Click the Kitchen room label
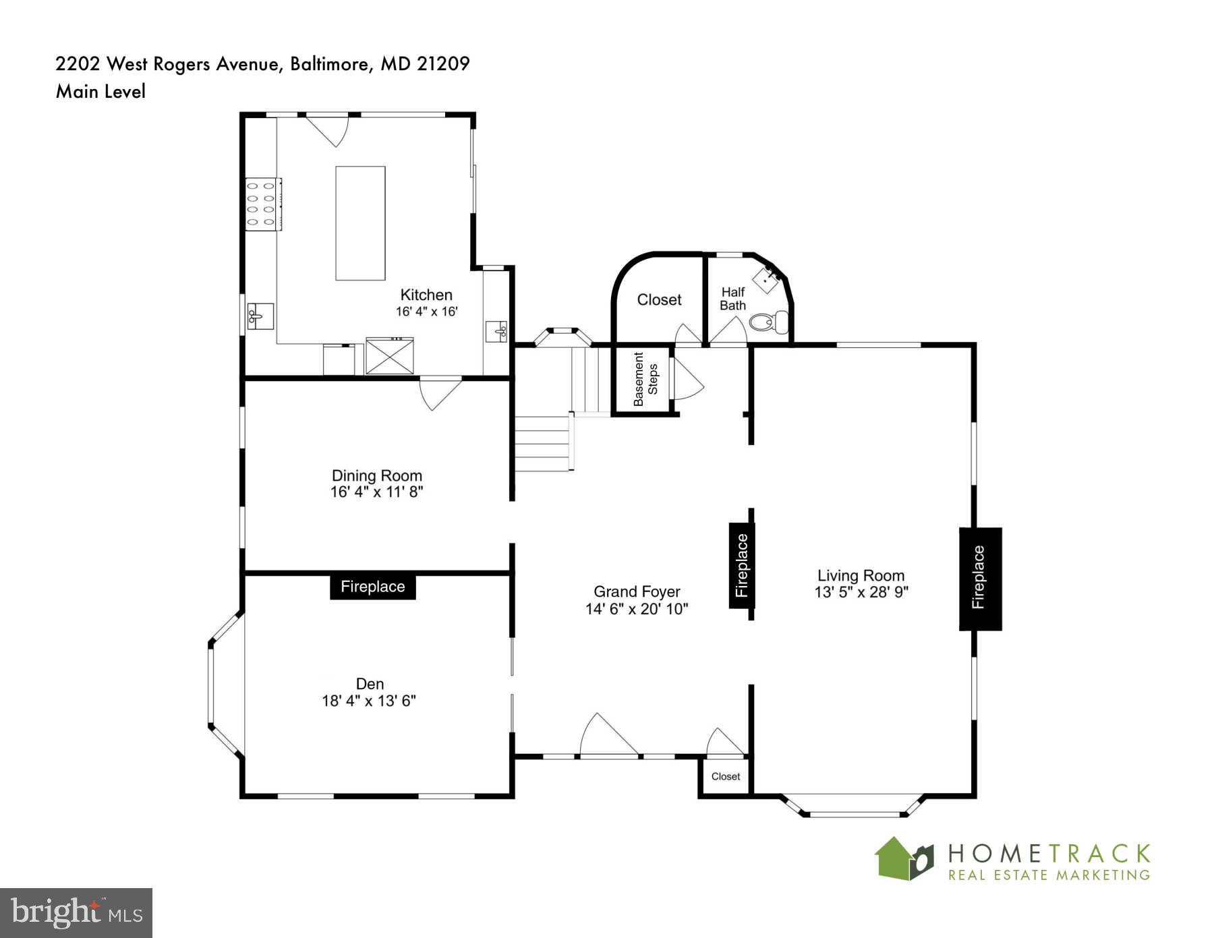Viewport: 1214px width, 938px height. point(426,295)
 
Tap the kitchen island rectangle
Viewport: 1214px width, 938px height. point(360,223)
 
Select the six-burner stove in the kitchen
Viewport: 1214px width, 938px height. point(263,204)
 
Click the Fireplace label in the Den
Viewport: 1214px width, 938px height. point(372,587)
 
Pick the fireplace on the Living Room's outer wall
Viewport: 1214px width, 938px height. point(980,579)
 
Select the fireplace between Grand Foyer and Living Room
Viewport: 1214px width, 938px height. point(741,565)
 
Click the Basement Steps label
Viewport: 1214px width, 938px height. point(645,379)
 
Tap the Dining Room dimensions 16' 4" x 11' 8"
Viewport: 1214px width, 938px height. point(376,492)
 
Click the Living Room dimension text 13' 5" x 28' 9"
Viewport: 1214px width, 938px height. point(861,593)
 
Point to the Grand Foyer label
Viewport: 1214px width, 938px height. point(637,591)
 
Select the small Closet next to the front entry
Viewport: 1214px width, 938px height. point(725,776)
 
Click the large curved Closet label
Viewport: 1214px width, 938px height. point(659,299)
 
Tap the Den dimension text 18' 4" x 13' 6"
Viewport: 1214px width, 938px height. point(369,701)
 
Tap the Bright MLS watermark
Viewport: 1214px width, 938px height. point(76,913)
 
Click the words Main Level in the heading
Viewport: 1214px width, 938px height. point(100,91)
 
